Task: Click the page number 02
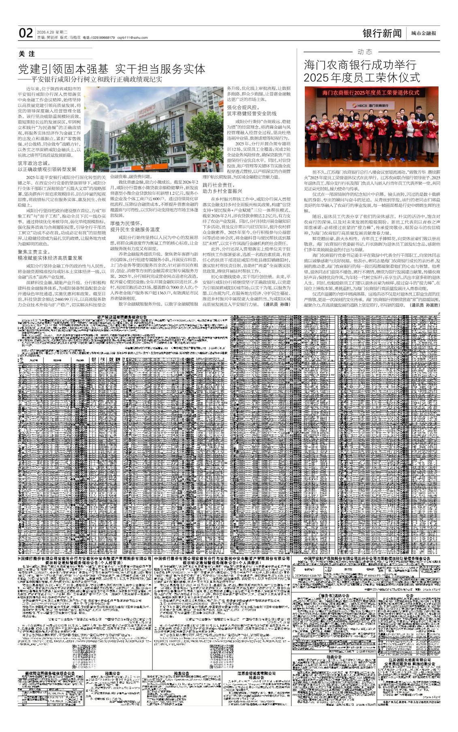[x=26, y=33]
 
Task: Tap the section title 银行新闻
[x=382, y=33]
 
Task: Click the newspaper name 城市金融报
[x=424, y=34]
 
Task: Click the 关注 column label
[x=27, y=54]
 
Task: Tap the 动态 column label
[x=365, y=52]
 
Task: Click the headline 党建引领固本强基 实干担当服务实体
[x=112, y=69]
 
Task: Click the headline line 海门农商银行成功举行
[x=360, y=65]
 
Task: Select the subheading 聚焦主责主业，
[x=36, y=252]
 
